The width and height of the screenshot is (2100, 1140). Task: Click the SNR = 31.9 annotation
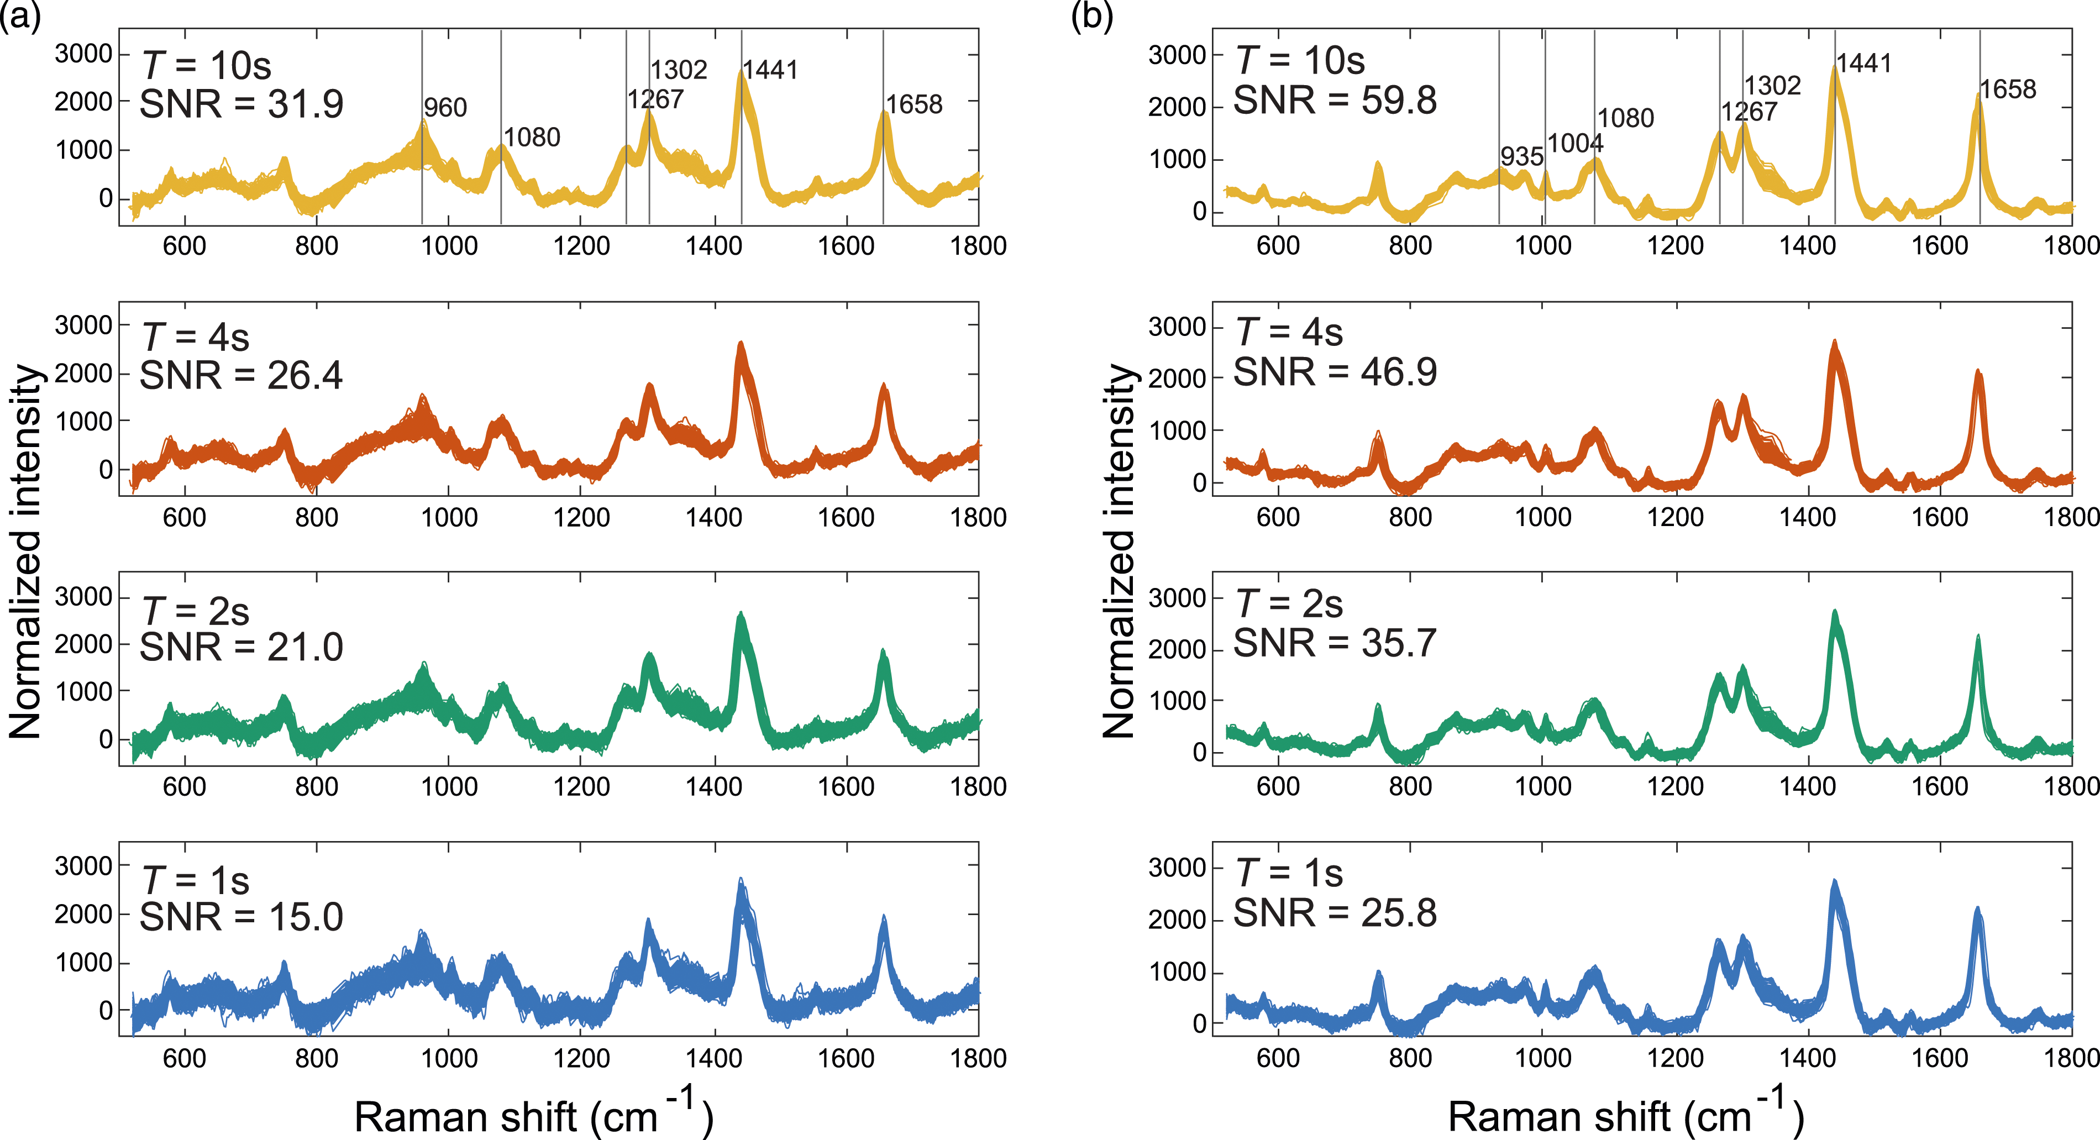[242, 104]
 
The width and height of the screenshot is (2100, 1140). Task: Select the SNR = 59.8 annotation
[1335, 101]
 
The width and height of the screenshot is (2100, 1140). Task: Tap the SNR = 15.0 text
[242, 917]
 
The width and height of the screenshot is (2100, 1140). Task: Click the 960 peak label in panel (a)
[445, 108]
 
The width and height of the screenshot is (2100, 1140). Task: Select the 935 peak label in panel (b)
[1522, 156]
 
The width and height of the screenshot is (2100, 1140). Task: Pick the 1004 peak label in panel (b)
[1575, 144]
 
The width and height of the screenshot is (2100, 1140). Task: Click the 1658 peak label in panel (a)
[914, 104]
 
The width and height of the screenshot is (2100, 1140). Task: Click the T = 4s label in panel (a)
[196, 337]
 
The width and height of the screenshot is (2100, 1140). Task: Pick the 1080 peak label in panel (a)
[532, 137]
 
